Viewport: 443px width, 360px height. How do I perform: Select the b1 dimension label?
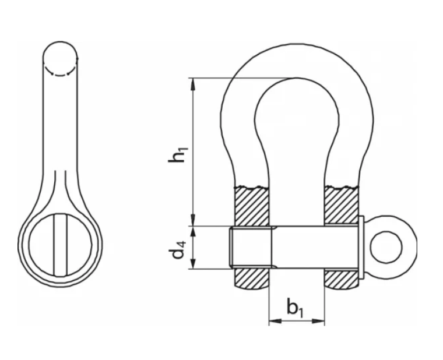pyautogui.click(x=296, y=308)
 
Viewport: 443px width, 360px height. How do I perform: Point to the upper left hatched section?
pyautogui.click(x=251, y=206)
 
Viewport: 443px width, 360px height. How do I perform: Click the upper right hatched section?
pyautogui.click(x=342, y=204)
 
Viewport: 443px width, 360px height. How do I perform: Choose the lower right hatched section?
pyautogui.click(x=342, y=278)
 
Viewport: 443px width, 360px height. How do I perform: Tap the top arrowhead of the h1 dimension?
pyautogui.click(x=193, y=84)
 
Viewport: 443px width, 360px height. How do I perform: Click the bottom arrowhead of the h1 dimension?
pyautogui.click(x=193, y=220)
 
